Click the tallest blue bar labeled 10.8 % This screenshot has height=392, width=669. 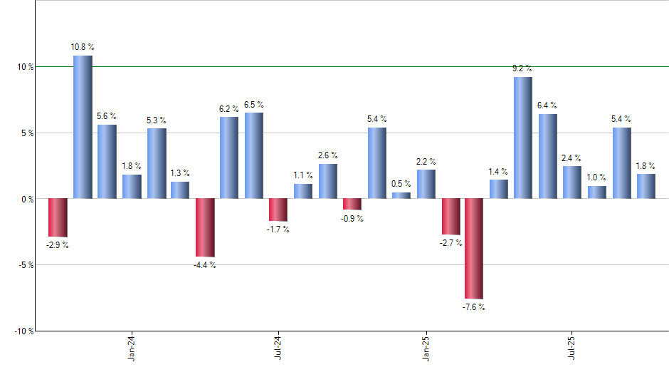point(83,127)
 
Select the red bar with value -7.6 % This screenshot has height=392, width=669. point(474,248)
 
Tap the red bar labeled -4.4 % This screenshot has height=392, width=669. point(205,227)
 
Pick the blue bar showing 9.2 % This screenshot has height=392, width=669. point(523,138)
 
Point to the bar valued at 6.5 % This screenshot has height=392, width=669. point(254,155)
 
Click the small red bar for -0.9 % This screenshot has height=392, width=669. point(352,204)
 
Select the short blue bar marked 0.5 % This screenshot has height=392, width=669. point(401,195)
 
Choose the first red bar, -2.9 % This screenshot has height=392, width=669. point(58,217)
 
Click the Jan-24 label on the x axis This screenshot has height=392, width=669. point(131,348)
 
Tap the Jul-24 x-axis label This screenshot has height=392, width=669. point(278,348)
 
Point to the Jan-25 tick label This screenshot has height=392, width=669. point(426,348)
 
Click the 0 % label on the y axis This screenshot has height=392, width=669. point(26,199)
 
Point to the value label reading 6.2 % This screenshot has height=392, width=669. point(229,109)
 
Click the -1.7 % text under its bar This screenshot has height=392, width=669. point(278,229)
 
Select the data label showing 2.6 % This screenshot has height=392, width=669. point(327,155)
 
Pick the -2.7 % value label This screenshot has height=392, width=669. point(451,243)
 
